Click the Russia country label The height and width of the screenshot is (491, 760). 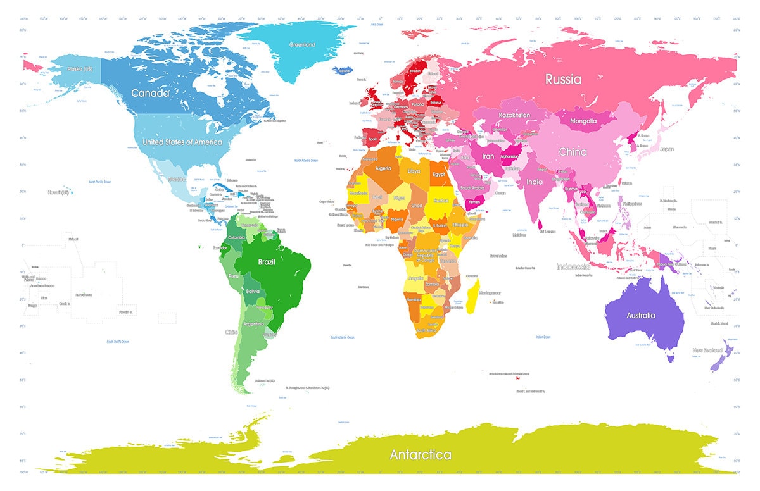564,80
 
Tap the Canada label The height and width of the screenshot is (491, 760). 150,93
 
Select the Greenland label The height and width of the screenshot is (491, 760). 302,45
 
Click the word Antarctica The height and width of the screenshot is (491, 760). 421,455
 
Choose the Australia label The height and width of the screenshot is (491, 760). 641,315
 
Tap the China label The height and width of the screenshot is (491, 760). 573,152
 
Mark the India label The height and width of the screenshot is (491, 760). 534,182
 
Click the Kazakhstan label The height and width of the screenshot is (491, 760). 514,116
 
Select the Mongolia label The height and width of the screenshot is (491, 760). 583,121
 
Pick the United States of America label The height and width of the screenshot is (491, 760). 182,142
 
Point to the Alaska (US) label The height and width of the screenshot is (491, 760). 79,69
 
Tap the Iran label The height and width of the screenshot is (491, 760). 488,156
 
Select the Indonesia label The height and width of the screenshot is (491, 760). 573,267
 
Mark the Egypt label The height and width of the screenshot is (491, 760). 440,174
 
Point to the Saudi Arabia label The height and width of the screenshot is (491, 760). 472,188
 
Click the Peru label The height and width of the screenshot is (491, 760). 233,277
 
